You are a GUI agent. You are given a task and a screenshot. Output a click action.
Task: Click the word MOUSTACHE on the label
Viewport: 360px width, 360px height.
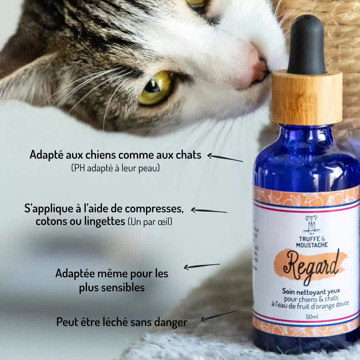tap(312, 245)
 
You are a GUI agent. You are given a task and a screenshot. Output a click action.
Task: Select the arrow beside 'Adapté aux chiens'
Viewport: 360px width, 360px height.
tap(225, 157)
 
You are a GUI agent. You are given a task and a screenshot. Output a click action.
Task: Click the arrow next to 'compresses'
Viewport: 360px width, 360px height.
tap(209, 211)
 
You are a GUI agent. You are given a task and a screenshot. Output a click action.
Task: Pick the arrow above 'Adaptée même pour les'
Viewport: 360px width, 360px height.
tap(202, 266)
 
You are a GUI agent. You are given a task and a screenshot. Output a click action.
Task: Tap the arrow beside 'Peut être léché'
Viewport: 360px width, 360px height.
tap(218, 316)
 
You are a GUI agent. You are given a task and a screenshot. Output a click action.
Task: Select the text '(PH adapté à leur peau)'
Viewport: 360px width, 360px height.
tap(115, 168)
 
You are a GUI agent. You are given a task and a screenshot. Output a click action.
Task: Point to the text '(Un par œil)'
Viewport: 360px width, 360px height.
tap(150, 222)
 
